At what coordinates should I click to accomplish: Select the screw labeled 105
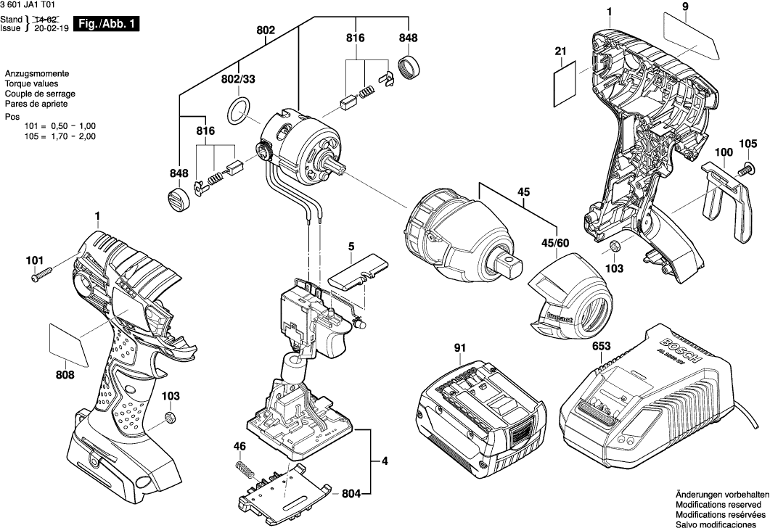pyautogui.click(x=744, y=170)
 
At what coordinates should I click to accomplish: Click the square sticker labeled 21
pyautogui.click(x=566, y=83)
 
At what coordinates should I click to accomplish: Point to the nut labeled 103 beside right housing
pyautogui.click(x=613, y=247)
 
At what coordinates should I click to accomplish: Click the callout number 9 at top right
pyautogui.click(x=684, y=8)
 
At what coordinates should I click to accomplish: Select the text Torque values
pyautogui.click(x=28, y=84)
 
